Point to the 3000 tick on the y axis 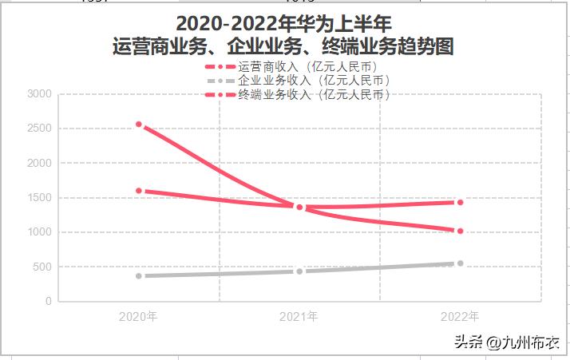[38, 94]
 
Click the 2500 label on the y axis [38, 129]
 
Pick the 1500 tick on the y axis [38, 198]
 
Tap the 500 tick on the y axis [42, 267]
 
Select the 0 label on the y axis [49, 302]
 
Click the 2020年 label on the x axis [138, 317]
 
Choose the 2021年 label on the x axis [299, 317]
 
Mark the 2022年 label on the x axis [460, 317]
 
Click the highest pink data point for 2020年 [139, 125]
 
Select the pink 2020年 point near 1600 [139, 191]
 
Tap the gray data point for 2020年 [139, 276]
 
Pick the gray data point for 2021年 [299, 271]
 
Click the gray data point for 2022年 [460, 263]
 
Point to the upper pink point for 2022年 [460, 203]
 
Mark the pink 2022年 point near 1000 [460, 231]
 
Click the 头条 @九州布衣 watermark [506, 343]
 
